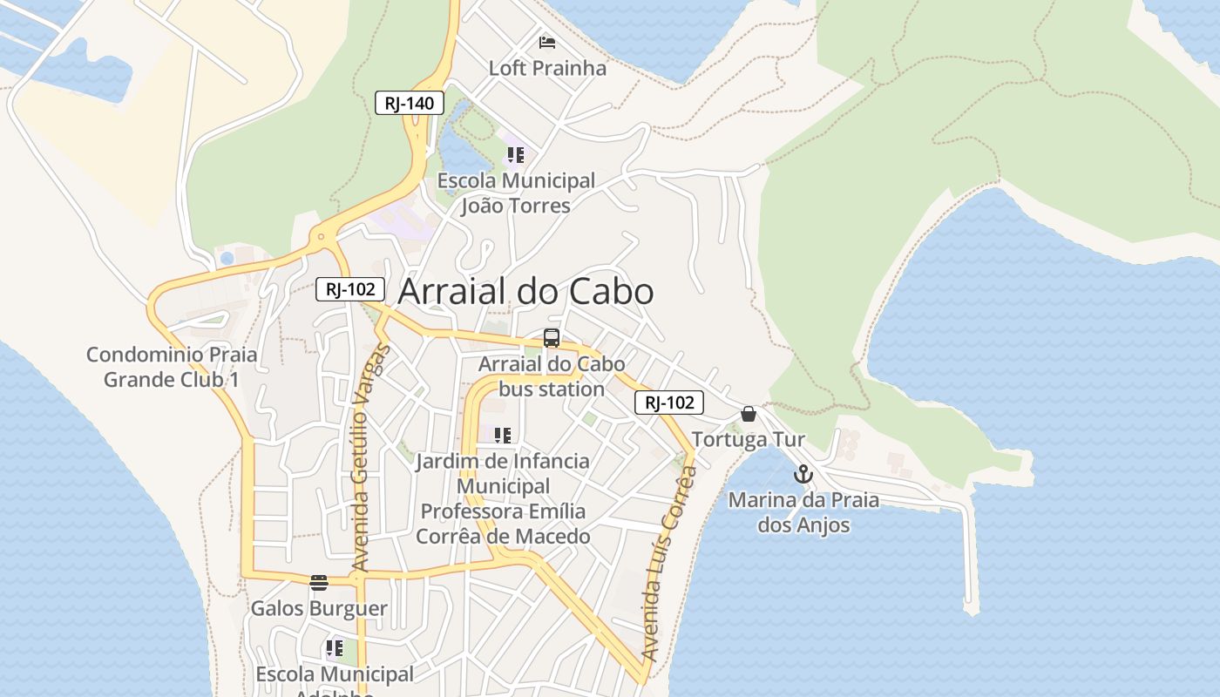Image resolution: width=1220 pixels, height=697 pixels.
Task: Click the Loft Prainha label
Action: pyautogui.click(x=547, y=68)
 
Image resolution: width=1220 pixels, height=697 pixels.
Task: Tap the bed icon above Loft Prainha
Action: pyautogui.click(x=547, y=42)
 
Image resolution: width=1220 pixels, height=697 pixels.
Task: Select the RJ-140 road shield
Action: pyautogui.click(x=410, y=103)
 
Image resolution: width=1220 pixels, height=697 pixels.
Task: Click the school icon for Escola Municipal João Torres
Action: pyautogui.click(x=515, y=155)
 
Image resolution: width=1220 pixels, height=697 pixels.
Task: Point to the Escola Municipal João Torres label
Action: pyautogui.click(x=516, y=193)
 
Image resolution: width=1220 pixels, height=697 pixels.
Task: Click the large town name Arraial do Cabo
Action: pyautogui.click(x=525, y=292)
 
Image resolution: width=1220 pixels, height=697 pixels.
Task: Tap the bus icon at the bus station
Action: pyautogui.click(x=551, y=338)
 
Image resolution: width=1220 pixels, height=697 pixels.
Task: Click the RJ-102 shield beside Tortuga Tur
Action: pyautogui.click(x=668, y=402)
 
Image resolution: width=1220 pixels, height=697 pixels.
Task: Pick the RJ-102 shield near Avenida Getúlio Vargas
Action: pyautogui.click(x=350, y=289)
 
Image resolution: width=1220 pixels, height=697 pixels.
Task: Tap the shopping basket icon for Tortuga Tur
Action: pyautogui.click(x=748, y=413)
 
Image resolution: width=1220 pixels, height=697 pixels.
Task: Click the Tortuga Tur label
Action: pyautogui.click(x=749, y=439)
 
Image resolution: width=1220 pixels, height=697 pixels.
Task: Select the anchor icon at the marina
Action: pyautogui.click(x=803, y=475)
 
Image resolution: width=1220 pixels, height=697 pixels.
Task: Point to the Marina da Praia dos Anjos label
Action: pyautogui.click(x=803, y=512)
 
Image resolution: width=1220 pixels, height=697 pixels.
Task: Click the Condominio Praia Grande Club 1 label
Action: pyautogui.click(x=172, y=367)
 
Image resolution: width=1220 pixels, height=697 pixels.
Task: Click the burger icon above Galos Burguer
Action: pyautogui.click(x=319, y=582)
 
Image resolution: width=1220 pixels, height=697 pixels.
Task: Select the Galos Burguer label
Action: pyautogui.click(x=319, y=608)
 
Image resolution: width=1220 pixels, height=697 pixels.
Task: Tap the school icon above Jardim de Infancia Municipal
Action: pyautogui.click(x=502, y=435)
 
